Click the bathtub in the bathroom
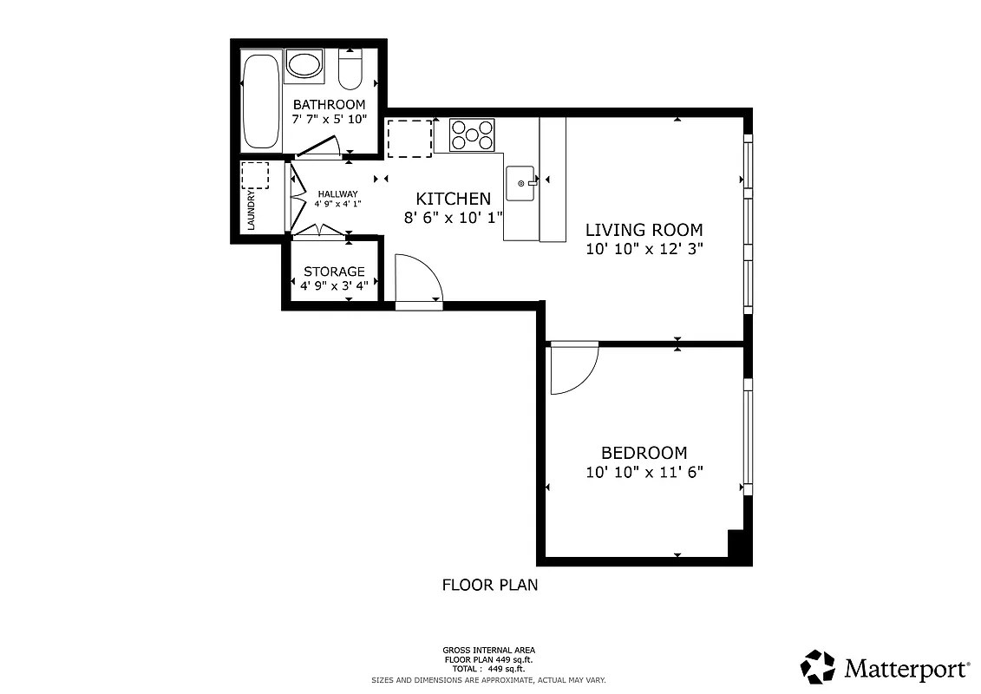point(261,101)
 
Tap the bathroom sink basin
point(304,65)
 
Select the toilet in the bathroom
point(350,69)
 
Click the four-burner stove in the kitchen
point(472,134)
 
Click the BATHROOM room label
point(329,105)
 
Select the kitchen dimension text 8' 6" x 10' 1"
point(454,218)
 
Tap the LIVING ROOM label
point(644,230)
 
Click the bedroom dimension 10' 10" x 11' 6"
point(644,472)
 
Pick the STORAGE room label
point(334,272)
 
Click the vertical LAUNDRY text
point(252,211)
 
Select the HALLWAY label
point(337,193)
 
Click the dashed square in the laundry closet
point(255,175)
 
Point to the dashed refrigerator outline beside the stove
point(409,139)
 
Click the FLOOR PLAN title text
point(490,585)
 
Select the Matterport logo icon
point(817,667)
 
